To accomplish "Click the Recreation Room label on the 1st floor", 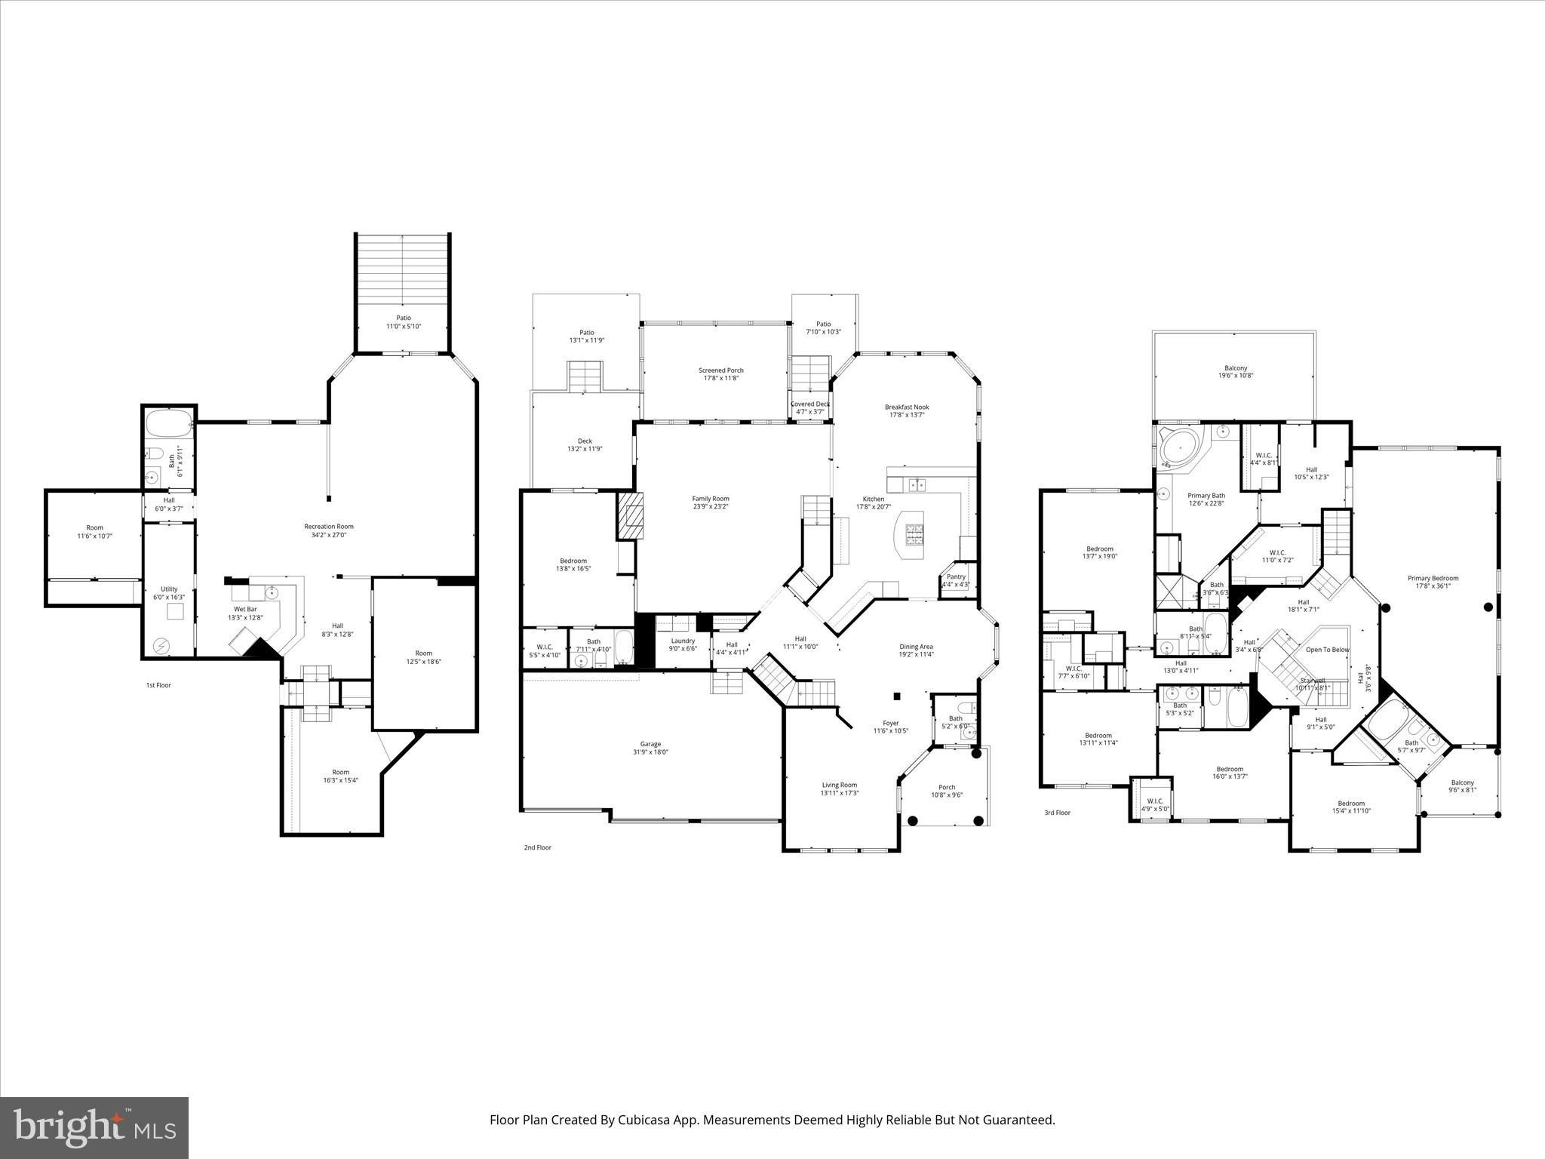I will click(329, 527).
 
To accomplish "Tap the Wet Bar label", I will click(245, 609).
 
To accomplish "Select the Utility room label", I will click(169, 589).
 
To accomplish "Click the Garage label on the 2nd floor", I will click(650, 744).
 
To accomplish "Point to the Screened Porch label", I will click(721, 370).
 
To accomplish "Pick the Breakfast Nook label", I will click(907, 407).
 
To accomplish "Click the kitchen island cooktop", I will click(914, 535).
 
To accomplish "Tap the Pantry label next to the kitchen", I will click(956, 576).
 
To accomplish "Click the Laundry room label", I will click(683, 641).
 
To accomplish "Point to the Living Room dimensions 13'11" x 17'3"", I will click(839, 793).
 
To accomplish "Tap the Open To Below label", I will click(1328, 650).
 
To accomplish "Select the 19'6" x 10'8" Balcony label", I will click(1236, 368).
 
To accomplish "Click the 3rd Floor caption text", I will click(1057, 813).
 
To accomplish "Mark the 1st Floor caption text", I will click(158, 685).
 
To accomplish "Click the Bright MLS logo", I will click(94, 1127).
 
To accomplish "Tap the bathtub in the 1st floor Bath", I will click(169, 423).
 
